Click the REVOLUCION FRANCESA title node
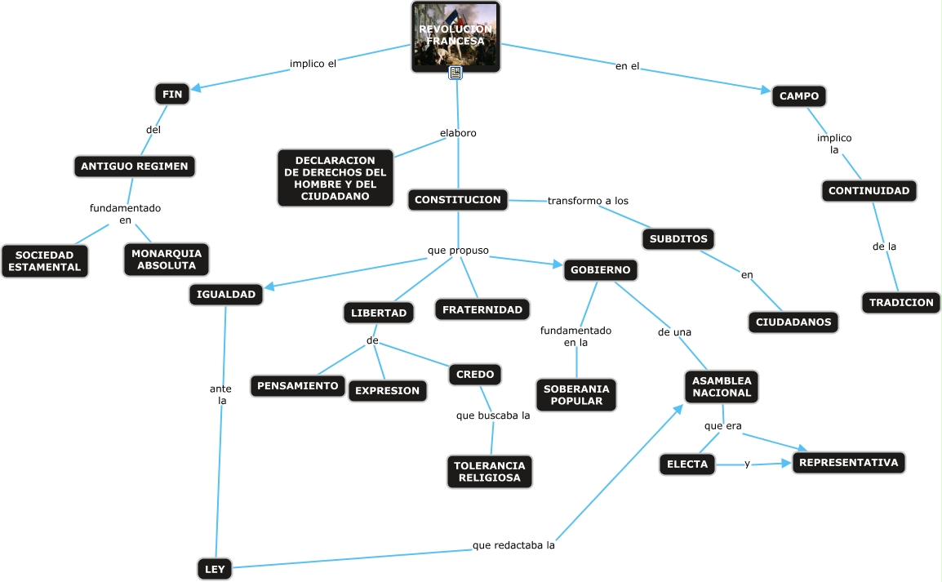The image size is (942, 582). tap(455, 37)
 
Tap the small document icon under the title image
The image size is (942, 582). tap(455, 73)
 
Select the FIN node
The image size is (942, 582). tap(172, 95)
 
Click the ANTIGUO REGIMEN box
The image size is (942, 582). tap(135, 167)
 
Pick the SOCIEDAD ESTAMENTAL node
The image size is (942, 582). tap(45, 261)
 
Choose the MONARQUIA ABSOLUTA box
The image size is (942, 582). tap(167, 260)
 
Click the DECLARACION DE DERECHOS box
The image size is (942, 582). tap(335, 178)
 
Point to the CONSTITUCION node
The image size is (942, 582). tap(458, 200)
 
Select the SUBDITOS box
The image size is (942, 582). tap(678, 239)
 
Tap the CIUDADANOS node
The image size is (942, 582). tap(793, 322)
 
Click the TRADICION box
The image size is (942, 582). tap(901, 303)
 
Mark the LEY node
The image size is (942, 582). tap(215, 569)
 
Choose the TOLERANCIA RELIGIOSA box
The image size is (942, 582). tap(490, 472)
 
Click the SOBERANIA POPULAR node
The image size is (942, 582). tap(576, 395)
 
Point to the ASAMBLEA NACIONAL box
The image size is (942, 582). tap(722, 387)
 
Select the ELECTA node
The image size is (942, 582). tap(687, 464)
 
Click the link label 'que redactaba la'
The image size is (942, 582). tap(513, 545)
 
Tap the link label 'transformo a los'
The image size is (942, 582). tap(588, 201)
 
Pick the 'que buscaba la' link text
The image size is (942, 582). tap(493, 415)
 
